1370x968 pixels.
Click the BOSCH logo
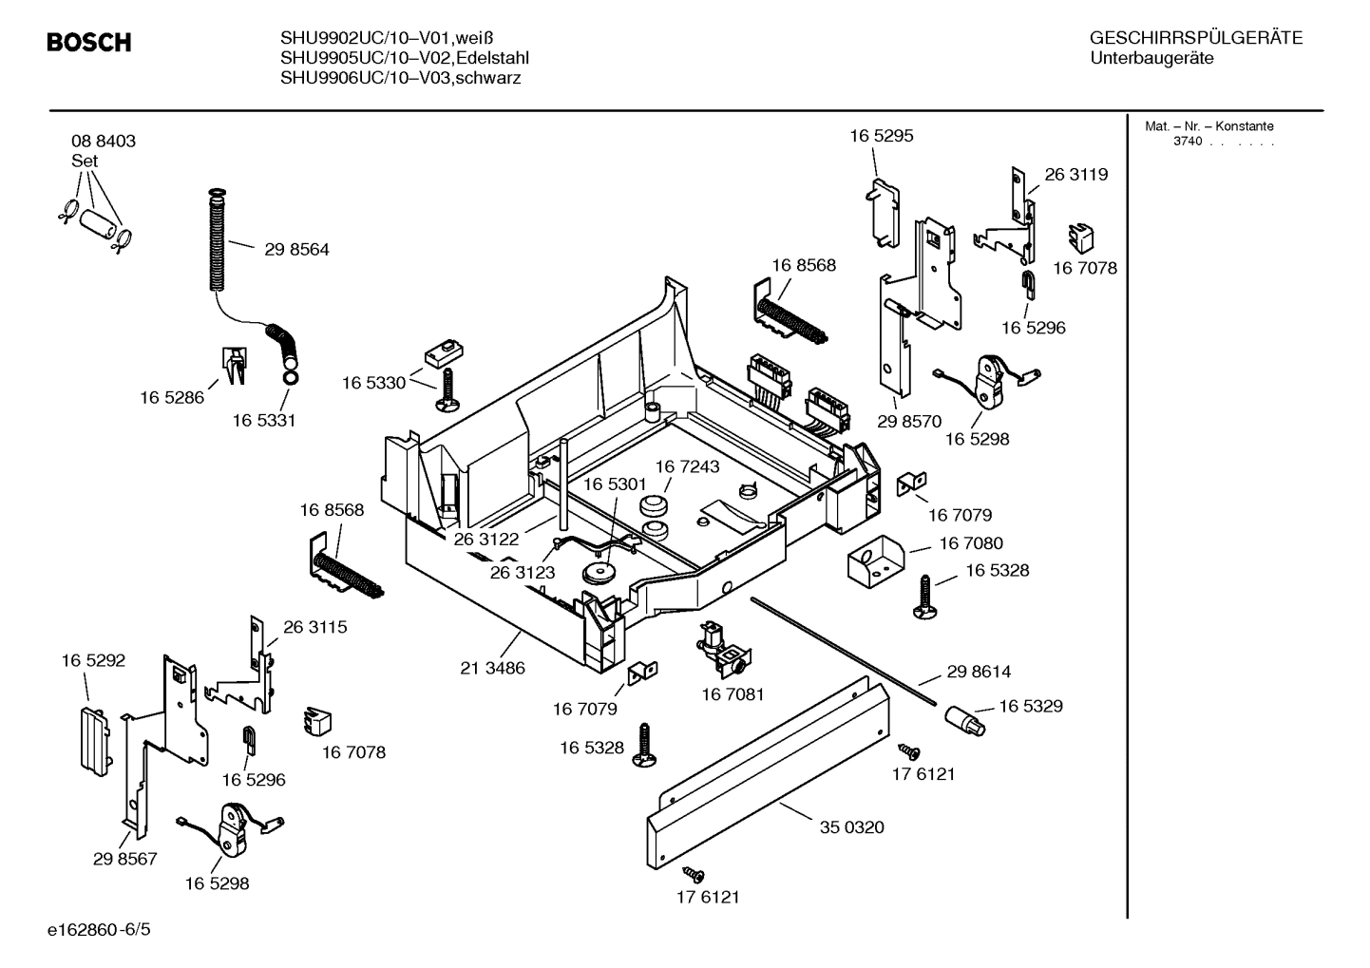point(89,43)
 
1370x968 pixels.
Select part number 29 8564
point(296,250)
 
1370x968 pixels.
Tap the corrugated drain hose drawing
point(219,243)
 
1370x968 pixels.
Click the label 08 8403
point(103,141)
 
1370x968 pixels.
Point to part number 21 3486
point(492,668)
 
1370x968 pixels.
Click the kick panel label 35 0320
point(851,827)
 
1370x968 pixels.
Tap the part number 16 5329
point(1030,706)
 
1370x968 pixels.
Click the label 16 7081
point(733,695)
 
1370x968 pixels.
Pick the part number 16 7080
point(970,543)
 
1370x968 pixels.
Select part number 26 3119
point(1075,174)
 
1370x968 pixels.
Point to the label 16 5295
point(881,136)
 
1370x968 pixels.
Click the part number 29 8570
point(908,421)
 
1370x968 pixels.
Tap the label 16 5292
point(93,660)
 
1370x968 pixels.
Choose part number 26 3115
point(314,627)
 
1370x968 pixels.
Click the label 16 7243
point(687,466)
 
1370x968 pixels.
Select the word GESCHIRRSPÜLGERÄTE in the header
point(1195,39)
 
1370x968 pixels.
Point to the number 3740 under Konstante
point(1187,142)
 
